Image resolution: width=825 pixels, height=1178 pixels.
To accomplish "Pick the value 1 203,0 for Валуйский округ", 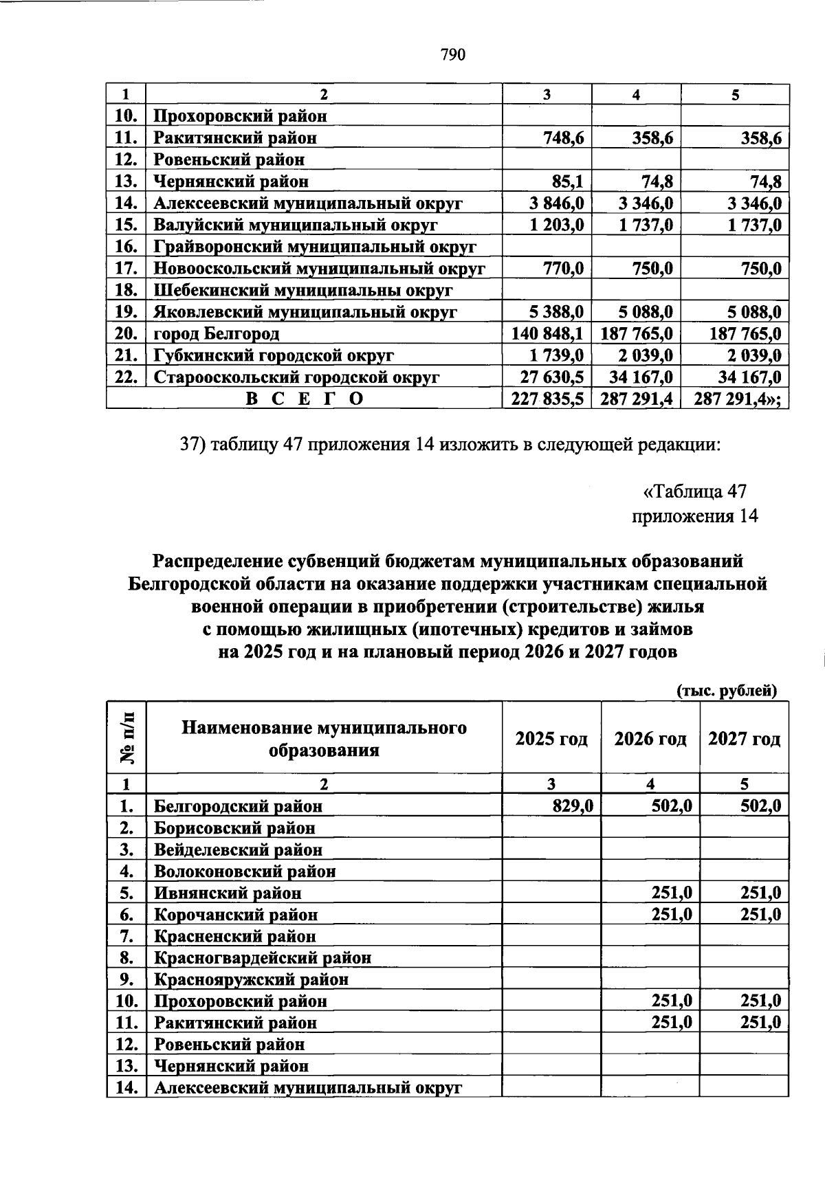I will pos(556,225).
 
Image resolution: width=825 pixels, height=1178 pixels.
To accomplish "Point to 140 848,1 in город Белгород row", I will pos(548,333).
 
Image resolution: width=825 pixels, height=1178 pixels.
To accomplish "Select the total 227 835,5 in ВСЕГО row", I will pos(548,399).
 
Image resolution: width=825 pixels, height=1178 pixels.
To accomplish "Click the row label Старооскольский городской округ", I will pos(296,377).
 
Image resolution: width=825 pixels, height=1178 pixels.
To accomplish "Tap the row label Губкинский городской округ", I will pos(273,355).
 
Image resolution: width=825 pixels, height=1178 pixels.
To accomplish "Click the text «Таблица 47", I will pos(694,491).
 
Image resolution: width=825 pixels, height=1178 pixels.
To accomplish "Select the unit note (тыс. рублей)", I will pos(727,691).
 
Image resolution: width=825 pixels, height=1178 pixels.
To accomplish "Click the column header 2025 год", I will pos(551,739).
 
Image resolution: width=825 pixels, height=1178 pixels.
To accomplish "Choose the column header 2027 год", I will pos(744,739).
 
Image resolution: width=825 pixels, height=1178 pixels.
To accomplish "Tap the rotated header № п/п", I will pos(127,737).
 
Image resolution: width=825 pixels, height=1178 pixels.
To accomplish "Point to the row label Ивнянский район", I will pos(227,893).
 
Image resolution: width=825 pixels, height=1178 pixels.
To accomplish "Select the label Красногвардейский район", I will pos(262,957).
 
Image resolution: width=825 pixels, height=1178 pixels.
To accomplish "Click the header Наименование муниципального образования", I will pos(324,738).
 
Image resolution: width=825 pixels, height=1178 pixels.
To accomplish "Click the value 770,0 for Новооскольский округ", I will pos(562,268).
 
